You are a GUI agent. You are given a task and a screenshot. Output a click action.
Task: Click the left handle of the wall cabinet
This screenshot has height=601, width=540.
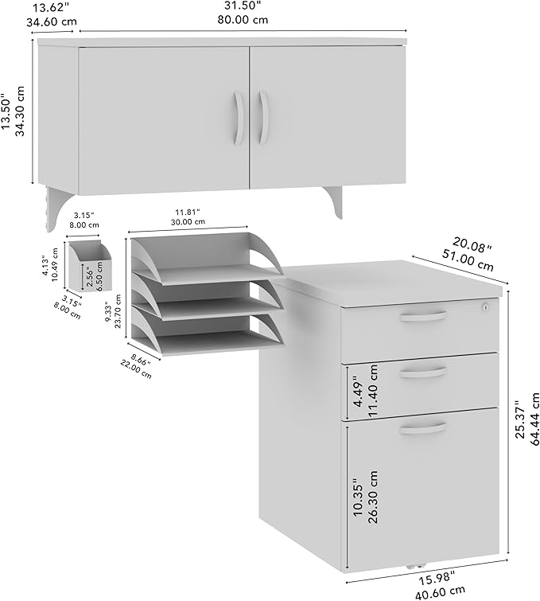238,117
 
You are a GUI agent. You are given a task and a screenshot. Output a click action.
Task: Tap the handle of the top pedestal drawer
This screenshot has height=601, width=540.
422,318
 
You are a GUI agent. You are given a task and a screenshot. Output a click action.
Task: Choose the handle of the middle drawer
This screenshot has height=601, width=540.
422,372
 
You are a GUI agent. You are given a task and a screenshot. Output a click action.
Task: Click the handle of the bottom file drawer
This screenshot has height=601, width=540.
422,429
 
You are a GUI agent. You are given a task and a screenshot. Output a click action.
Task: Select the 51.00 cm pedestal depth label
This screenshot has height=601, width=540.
468,257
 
